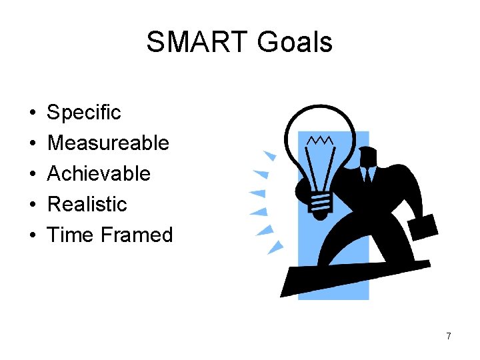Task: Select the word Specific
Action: pyautogui.click(x=84, y=112)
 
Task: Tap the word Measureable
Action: pyautogui.click(x=108, y=143)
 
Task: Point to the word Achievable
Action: pyautogui.click(x=99, y=173)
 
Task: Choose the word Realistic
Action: pyautogui.click(x=87, y=204)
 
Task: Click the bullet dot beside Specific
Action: pyautogui.click(x=32, y=113)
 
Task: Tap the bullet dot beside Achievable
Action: pyautogui.click(x=32, y=174)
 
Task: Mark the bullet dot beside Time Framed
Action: pyautogui.click(x=32, y=235)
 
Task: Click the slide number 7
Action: pyautogui.click(x=449, y=337)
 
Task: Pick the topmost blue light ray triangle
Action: pyautogui.click(x=269, y=155)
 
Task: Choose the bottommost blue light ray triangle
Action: pyautogui.click(x=275, y=247)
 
